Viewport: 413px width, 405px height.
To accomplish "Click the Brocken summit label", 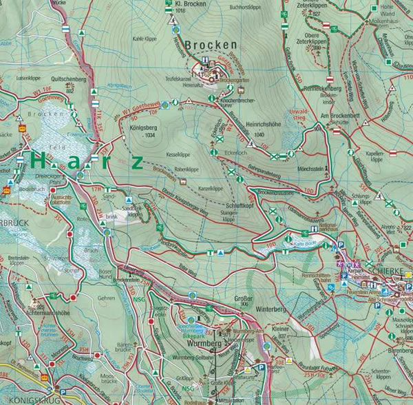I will click(x=210, y=45).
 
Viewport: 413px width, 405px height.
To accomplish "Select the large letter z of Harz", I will click(x=137, y=163).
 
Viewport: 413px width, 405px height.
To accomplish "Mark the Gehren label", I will click(x=105, y=298).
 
